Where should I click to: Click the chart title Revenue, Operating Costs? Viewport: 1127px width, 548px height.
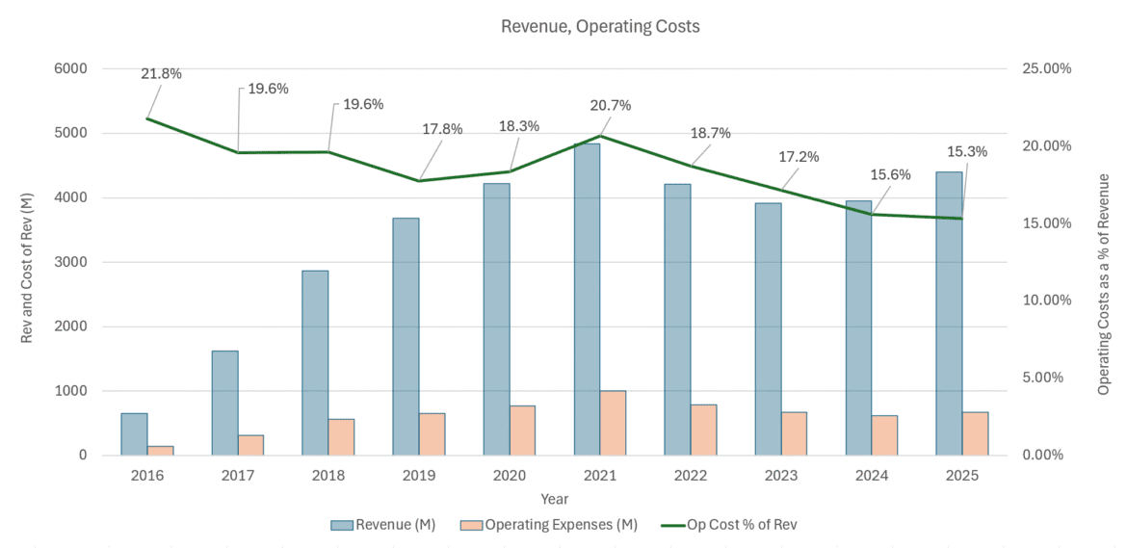[x=600, y=27]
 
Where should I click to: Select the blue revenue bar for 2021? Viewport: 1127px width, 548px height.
[x=587, y=299]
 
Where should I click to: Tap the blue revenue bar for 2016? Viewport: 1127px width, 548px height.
[x=134, y=433]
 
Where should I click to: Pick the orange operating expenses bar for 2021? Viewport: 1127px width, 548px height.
[x=613, y=422]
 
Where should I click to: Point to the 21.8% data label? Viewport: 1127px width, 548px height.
[x=161, y=73]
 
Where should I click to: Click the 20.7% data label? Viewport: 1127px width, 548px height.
[x=611, y=105]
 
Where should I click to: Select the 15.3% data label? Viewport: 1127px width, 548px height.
[x=967, y=151]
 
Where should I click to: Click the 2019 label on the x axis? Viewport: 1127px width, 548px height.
[x=419, y=476]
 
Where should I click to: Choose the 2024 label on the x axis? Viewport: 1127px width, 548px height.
[x=872, y=476]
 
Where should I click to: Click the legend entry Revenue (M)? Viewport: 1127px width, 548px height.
[x=394, y=525]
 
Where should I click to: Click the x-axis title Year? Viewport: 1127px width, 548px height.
[x=554, y=499]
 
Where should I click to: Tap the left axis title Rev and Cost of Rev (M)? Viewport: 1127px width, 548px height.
[x=27, y=262]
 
